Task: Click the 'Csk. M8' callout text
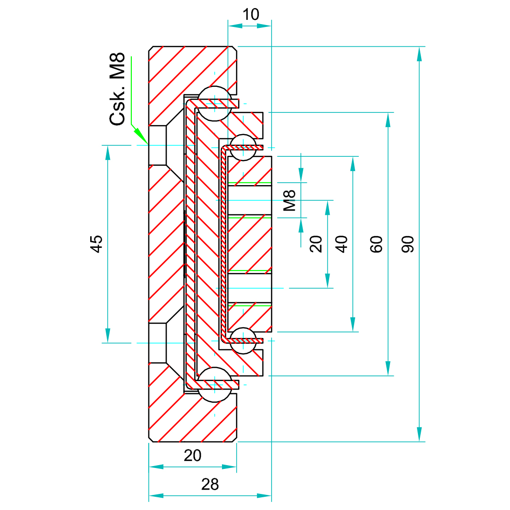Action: pyautogui.click(x=118, y=89)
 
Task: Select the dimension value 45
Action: pyautogui.click(x=97, y=244)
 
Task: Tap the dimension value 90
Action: pyautogui.click(x=409, y=244)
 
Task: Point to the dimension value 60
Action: pyautogui.click(x=376, y=244)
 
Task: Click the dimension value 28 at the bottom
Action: pyautogui.click(x=210, y=484)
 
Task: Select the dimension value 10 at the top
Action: pyautogui.click(x=251, y=15)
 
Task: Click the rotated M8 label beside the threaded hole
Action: pyautogui.click(x=289, y=200)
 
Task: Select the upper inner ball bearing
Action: pyautogui.click(x=243, y=147)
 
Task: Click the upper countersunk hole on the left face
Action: pyautogui.click(x=158, y=145)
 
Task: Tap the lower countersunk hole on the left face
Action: pyautogui.click(x=158, y=343)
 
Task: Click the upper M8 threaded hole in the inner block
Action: pyautogui.click(x=249, y=200)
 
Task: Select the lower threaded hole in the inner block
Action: pyautogui.click(x=249, y=288)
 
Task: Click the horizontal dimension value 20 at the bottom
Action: pyautogui.click(x=193, y=455)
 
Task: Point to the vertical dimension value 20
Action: pyautogui.click(x=316, y=244)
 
